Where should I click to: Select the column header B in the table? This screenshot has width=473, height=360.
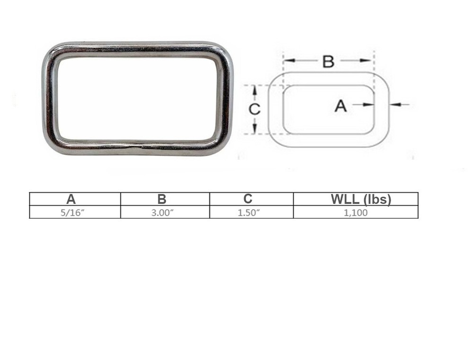162,199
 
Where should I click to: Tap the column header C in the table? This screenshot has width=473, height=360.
249,199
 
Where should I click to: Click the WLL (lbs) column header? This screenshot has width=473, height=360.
361,199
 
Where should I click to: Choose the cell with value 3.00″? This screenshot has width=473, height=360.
162,212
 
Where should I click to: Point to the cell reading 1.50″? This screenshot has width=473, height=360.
249,212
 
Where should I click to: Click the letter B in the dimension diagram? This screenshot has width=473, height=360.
328,61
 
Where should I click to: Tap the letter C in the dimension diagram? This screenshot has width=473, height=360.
254,109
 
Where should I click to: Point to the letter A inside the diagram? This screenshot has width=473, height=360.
341,106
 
